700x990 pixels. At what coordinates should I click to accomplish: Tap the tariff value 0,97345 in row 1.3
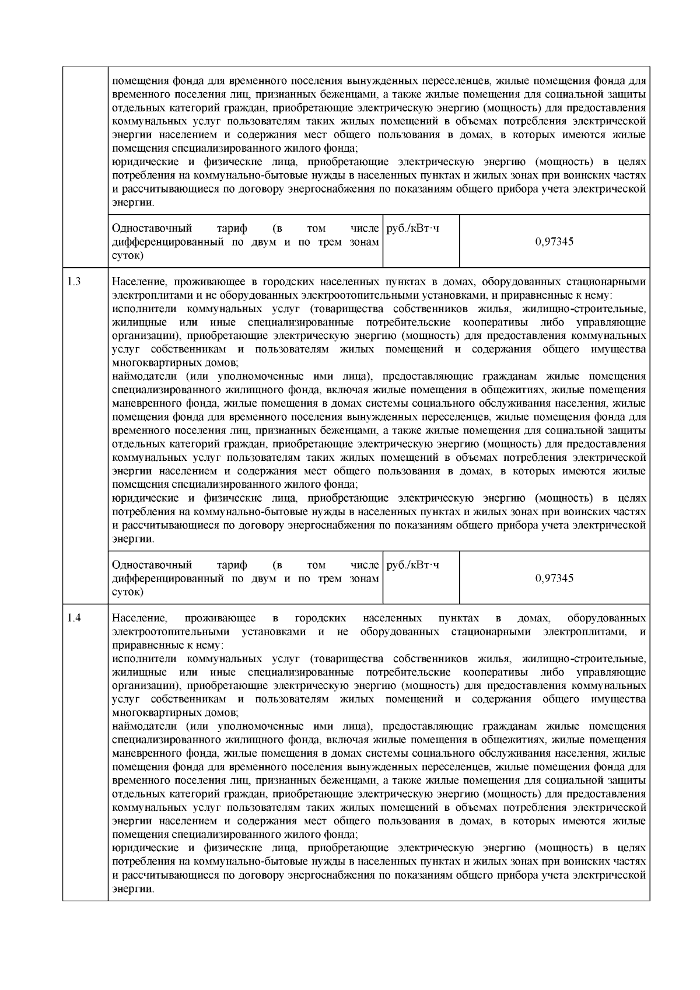[554, 578]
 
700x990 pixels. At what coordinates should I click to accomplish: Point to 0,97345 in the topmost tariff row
[554, 242]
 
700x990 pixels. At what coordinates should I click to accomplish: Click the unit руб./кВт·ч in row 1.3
[413, 565]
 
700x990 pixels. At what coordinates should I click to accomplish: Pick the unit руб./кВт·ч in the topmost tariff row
[413, 228]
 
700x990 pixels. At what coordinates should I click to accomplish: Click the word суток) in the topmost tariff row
[127, 255]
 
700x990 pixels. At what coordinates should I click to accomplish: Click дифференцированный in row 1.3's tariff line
[168, 578]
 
